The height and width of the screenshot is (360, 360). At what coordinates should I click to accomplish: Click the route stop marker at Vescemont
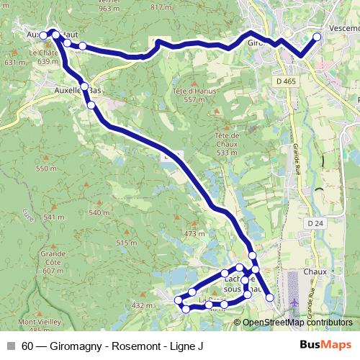click(318, 36)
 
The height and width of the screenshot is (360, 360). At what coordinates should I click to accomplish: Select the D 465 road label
click(286, 82)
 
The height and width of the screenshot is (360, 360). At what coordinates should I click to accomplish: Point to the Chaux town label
click(315, 271)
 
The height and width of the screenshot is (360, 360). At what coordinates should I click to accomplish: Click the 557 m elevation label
click(194, 99)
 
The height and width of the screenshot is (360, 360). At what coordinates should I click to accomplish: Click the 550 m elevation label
click(46, 168)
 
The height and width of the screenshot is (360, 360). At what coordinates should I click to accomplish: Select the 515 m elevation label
click(126, 243)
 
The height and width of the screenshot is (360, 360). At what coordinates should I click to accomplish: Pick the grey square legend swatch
click(10, 346)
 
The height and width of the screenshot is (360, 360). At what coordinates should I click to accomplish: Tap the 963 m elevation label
click(109, 8)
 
